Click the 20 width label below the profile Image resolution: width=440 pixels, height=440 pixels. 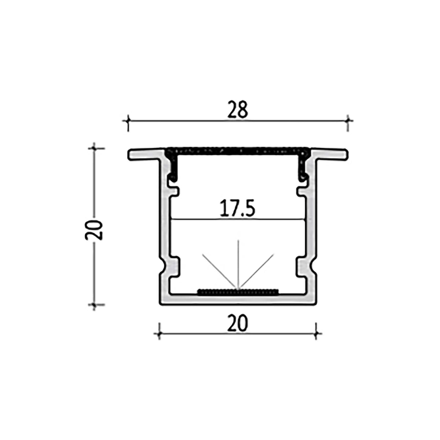238,323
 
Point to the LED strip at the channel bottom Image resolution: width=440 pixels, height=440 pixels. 238,292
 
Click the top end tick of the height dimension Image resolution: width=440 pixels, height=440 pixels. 95,148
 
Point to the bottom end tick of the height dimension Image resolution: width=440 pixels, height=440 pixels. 95,304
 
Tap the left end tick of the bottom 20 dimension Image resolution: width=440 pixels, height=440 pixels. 159,333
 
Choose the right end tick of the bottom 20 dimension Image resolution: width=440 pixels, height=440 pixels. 316,333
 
